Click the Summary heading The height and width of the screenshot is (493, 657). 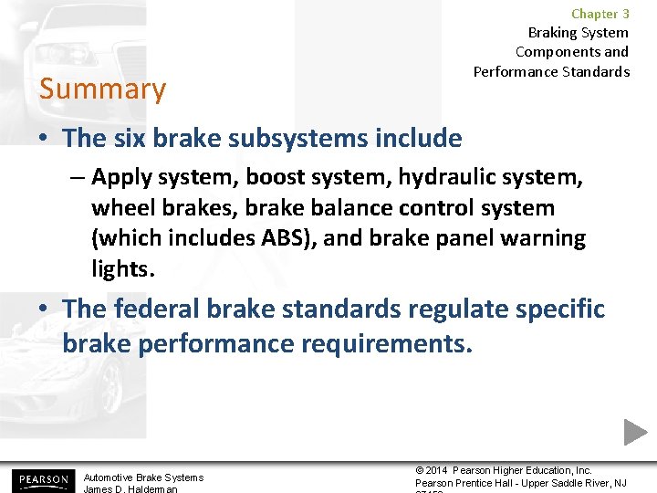click(x=102, y=89)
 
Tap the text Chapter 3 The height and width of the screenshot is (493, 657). click(x=600, y=14)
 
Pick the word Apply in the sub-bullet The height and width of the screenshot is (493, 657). click(x=121, y=176)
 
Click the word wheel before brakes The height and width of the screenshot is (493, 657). click(x=120, y=207)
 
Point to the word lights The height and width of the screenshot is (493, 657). click(x=123, y=269)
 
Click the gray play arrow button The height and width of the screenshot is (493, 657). click(x=635, y=432)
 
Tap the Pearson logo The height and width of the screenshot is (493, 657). click(x=41, y=479)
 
